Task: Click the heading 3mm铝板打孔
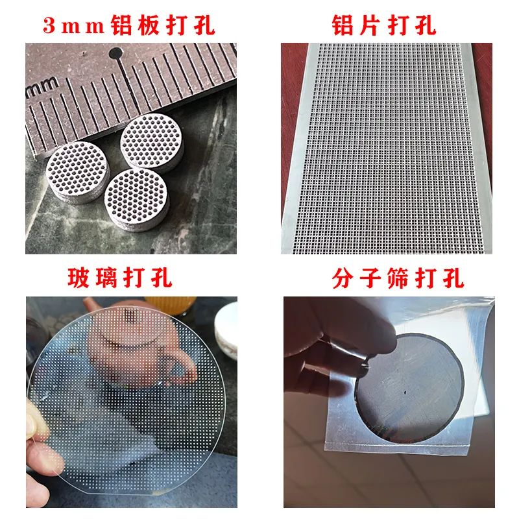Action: click(128, 25)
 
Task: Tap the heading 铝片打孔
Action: click(384, 25)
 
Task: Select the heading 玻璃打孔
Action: click(120, 278)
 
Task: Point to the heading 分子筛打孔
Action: click(398, 278)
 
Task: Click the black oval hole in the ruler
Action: click(116, 53)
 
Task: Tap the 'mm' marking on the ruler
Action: click(42, 88)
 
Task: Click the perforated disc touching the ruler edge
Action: click(152, 142)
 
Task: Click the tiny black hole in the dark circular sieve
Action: click(405, 393)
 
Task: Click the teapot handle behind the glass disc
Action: click(180, 367)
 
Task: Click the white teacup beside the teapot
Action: click(226, 331)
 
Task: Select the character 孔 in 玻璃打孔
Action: click(162, 278)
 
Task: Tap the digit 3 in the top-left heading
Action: click(49, 25)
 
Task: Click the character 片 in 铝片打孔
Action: click(370, 25)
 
